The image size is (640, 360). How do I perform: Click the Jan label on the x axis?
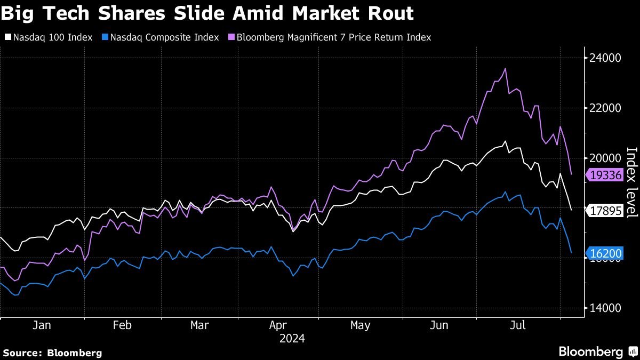coord(42,325)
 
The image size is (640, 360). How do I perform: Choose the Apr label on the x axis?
coord(279,325)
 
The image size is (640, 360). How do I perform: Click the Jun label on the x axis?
coord(439,325)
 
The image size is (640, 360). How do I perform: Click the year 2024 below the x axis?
coord(292,338)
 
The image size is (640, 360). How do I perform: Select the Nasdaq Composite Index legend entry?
coord(159,37)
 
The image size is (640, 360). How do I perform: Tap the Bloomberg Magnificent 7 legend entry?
coord(331,37)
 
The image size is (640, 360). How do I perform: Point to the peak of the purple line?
coord(505,68)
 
